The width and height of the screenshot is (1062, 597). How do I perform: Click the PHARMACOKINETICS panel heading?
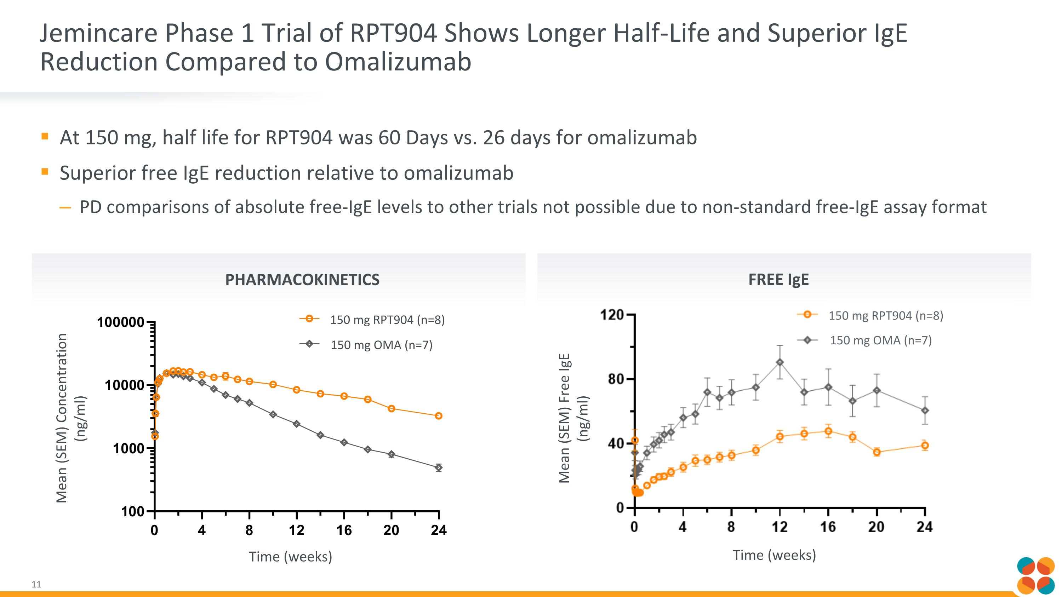pos(302,280)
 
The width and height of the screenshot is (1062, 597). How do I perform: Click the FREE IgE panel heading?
pos(778,280)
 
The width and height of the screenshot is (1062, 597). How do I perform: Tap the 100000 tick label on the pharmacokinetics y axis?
pos(121,322)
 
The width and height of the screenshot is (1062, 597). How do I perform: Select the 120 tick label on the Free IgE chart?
pos(612,315)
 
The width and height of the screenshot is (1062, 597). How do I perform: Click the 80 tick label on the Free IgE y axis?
pos(616,379)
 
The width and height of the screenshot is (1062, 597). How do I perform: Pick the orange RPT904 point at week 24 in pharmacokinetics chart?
pos(439,416)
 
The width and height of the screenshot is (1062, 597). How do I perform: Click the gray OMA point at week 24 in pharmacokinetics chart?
pos(439,467)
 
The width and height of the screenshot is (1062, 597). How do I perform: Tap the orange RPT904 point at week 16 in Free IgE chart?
pos(828,431)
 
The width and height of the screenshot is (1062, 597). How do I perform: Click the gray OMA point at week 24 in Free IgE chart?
pos(925,411)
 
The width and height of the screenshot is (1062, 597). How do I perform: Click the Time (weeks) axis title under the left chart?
pos(290,557)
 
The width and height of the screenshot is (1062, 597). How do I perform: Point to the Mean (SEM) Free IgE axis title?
pos(564,418)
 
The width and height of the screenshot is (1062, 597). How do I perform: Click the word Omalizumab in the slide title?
pos(398,62)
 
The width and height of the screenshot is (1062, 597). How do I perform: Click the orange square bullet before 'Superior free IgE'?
pos(45,171)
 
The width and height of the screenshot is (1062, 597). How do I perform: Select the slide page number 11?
pos(36,584)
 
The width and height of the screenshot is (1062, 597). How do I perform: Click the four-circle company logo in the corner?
pos(1035,575)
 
